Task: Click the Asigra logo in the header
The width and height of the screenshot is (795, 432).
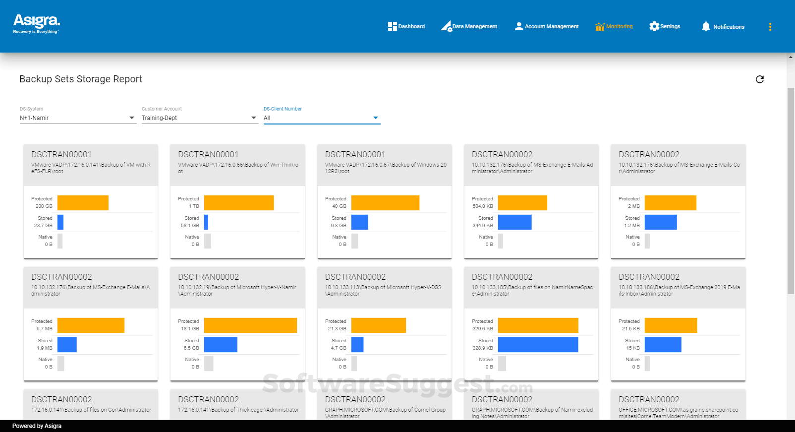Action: (x=36, y=23)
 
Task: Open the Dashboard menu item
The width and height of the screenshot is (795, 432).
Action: (x=406, y=26)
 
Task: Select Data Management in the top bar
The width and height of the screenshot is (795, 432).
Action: (x=469, y=26)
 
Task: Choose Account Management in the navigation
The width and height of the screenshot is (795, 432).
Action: (x=547, y=26)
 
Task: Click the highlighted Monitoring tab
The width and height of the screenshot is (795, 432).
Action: (x=614, y=26)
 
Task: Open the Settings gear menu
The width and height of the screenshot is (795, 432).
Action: (x=665, y=26)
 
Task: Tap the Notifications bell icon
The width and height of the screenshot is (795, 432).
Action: (x=706, y=26)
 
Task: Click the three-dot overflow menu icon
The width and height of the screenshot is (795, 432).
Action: (x=770, y=27)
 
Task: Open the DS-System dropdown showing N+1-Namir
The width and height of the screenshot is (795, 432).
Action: (x=77, y=118)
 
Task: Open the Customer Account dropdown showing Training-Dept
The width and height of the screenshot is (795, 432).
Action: (x=199, y=118)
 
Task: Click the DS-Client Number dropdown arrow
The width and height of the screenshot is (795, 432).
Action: (x=376, y=118)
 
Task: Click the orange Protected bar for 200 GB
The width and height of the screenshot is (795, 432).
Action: (x=83, y=203)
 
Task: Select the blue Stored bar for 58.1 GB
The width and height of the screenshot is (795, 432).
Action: (x=206, y=222)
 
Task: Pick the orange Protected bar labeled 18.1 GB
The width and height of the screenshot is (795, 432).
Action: (x=250, y=325)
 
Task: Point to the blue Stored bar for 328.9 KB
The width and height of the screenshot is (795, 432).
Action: (x=538, y=345)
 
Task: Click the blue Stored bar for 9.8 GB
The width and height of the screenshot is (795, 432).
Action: (x=359, y=222)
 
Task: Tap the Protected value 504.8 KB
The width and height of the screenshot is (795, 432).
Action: (x=483, y=206)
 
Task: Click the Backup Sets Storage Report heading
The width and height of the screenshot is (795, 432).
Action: (x=81, y=79)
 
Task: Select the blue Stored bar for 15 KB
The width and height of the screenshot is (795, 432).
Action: (x=663, y=345)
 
